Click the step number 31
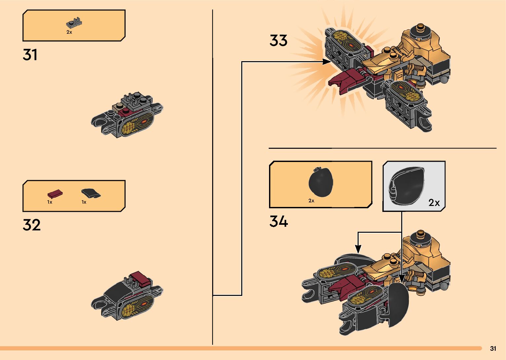pyautogui.click(x=30, y=55)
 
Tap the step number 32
pyautogui.click(x=31, y=225)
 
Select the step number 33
pyautogui.click(x=278, y=41)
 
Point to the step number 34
pyautogui.click(x=278, y=221)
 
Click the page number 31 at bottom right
pyautogui.click(x=493, y=348)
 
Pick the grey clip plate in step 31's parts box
pyautogui.click(x=74, y=23)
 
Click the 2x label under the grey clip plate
pyautogui.click(x=69, y=32)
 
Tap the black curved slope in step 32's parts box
pyautogui.click(x=91, y=193)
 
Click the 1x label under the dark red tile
pyautogui.click(x=50, y=202)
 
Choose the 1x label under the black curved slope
pyautogui.click(x=84, y=202)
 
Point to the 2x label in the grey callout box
pyautogui.click(x=434, y=203)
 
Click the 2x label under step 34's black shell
pyautogui.click(x=311, y=201)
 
